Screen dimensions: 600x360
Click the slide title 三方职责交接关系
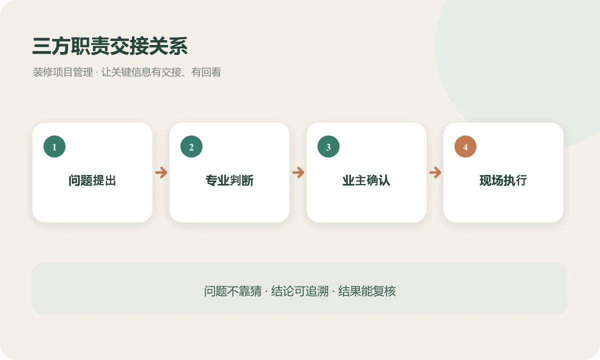(110, 46)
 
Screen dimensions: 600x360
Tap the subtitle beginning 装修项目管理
(127, 72)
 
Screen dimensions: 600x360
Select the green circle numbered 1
(54, 146)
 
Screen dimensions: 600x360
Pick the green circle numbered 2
(191, 146)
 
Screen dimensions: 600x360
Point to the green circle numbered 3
(328, 146)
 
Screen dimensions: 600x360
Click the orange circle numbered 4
(465, 146)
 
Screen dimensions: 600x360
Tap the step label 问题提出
(92, 180)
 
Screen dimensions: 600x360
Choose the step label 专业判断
(229, 180)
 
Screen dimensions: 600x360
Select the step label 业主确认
(366, 180)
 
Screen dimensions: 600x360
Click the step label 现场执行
(503, 180)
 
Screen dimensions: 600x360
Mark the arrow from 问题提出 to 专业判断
(161, 172)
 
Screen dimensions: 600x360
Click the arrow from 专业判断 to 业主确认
(298, 172)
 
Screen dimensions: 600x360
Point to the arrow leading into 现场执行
(435, 172)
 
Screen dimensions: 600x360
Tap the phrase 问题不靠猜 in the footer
(233, 291)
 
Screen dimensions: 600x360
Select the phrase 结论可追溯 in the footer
(299, 291)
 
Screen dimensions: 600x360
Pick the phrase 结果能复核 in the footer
(367, 291)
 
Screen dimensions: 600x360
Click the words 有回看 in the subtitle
(206, 72)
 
